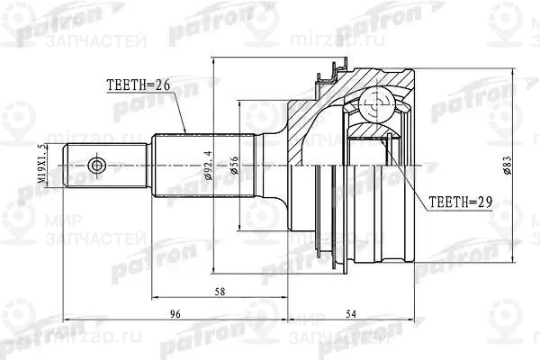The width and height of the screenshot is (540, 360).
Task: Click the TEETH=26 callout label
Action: click(x=139, y=86)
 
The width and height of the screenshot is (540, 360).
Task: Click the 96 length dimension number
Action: click(x=176, y=314)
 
